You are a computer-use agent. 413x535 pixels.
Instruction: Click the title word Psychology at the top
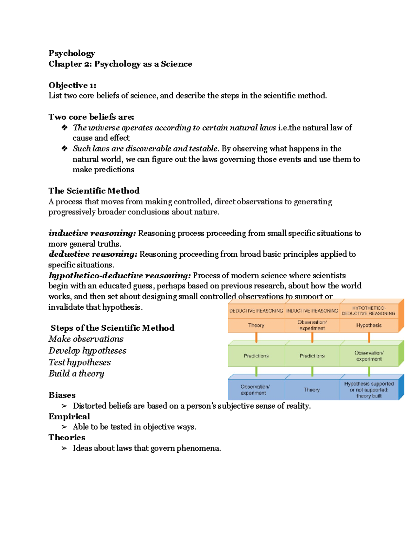pos(72,53)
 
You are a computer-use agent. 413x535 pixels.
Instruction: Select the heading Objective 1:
pos(72,85)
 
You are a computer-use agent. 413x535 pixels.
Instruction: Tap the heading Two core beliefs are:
pos(91,117)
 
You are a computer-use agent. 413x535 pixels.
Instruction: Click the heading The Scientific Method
pos(94,191)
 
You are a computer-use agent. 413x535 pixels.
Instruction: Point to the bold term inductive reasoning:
pos(92,233)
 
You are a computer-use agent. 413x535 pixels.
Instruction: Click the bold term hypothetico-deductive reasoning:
pos(119,276)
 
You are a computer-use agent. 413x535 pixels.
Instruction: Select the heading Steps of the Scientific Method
pos(112,328)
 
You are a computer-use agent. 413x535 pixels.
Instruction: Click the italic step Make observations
pos(86,339)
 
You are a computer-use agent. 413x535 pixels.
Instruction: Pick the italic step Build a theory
pos(76,373)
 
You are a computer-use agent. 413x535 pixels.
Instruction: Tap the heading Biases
pos(62,395)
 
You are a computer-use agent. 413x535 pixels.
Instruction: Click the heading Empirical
pos(69,416)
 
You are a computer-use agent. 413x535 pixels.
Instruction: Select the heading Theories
pos(67,438)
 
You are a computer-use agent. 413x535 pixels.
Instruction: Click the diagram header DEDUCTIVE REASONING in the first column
pos(256,311)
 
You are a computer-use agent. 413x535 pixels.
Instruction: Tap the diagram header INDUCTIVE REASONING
pos(312,311)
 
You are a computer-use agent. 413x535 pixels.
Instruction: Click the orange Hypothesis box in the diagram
pos(369,325)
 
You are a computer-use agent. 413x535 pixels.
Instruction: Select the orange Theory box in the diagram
pos(256,325)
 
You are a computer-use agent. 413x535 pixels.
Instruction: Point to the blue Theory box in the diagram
pos(312,390)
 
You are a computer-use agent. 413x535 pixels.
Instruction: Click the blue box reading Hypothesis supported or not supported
pos(369,390)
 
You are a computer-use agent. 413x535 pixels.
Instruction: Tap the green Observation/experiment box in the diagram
pos(369,356)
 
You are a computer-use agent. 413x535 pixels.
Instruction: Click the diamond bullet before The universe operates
pos(64,128)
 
